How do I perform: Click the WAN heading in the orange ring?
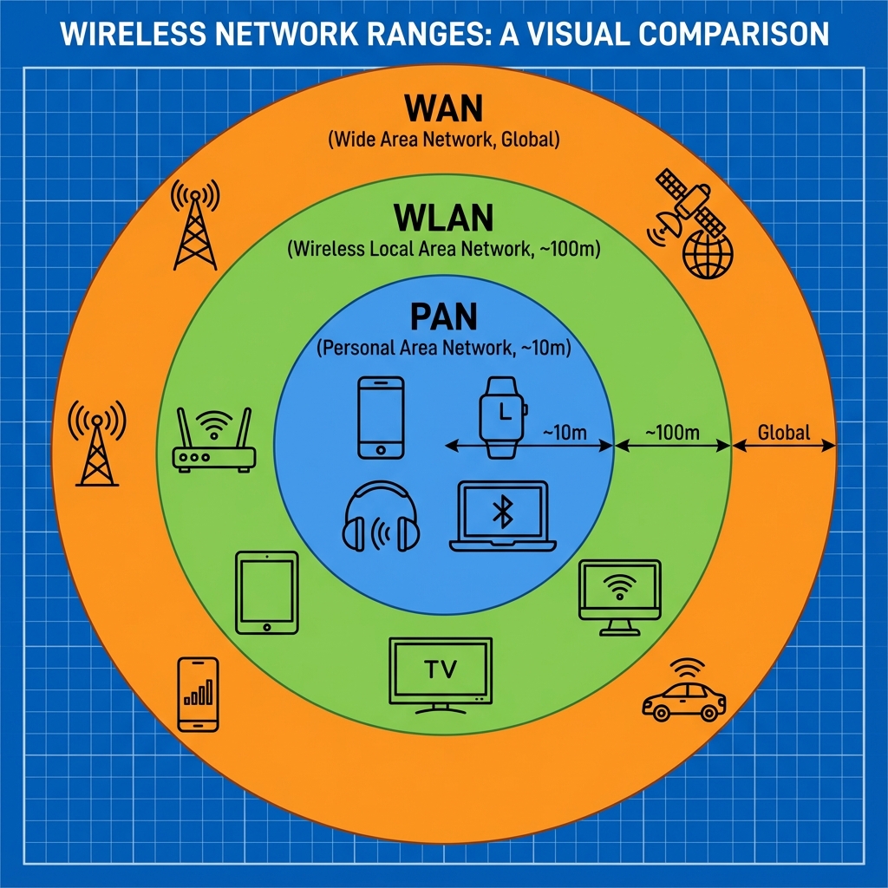(x=443, y=110)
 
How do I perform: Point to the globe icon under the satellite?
(x=708, y=253)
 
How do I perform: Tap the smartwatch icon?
(x=502, y=417)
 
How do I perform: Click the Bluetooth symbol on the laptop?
(x=501, y=513)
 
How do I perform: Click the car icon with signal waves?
(x=683, y=694)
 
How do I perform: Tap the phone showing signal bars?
(x=198, y=693)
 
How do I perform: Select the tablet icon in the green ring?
(x=266, y=591)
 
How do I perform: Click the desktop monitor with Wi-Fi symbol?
(x=619, y=595)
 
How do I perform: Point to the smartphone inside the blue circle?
(x=381, y=416)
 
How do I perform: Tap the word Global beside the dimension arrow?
(x=783, y=432)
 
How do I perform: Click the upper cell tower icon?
(x=194, y=225)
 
